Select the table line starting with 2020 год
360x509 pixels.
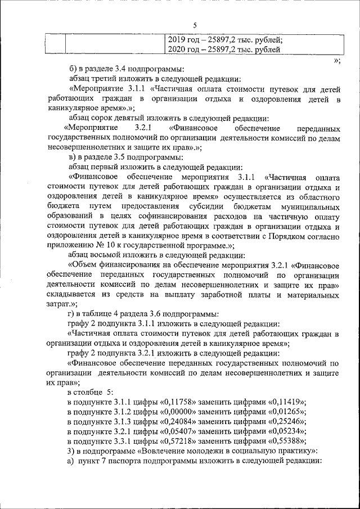pos(224,50)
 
